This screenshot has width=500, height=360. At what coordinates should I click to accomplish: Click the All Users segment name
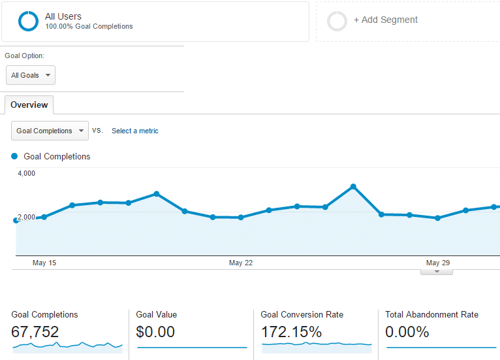pos(63,16)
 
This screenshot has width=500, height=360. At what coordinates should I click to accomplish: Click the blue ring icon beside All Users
pos(29,21)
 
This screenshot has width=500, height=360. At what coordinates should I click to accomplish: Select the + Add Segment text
pos(385,20)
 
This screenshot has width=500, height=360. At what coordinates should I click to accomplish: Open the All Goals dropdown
pos(31,75)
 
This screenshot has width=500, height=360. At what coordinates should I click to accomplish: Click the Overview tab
pos(29,105)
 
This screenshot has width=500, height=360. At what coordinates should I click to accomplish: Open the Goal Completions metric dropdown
pos(50,131)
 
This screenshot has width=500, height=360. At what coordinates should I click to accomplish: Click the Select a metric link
pos(134,131)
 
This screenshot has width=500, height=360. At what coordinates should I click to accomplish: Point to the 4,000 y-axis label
pos(26,173)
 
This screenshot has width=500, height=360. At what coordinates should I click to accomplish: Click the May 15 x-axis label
pos(44,263)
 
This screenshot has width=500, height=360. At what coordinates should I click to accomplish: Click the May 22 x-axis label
pos(240,263)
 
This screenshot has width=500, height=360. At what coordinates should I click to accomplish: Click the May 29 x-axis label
pos(437,263)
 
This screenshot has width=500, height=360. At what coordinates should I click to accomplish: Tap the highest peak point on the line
pos(353,187)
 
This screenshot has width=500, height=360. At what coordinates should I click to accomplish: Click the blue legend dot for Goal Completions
pos(14,156)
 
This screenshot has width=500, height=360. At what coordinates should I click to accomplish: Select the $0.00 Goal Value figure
pos(155,332)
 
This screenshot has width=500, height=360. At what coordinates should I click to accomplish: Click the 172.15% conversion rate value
pos(291,332)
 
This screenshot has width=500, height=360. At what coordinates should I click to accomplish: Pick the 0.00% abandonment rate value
pos(407,332)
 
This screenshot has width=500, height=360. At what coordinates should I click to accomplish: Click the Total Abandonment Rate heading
pos(431,314)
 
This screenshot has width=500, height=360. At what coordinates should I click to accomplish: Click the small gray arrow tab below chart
pos(437,271)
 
